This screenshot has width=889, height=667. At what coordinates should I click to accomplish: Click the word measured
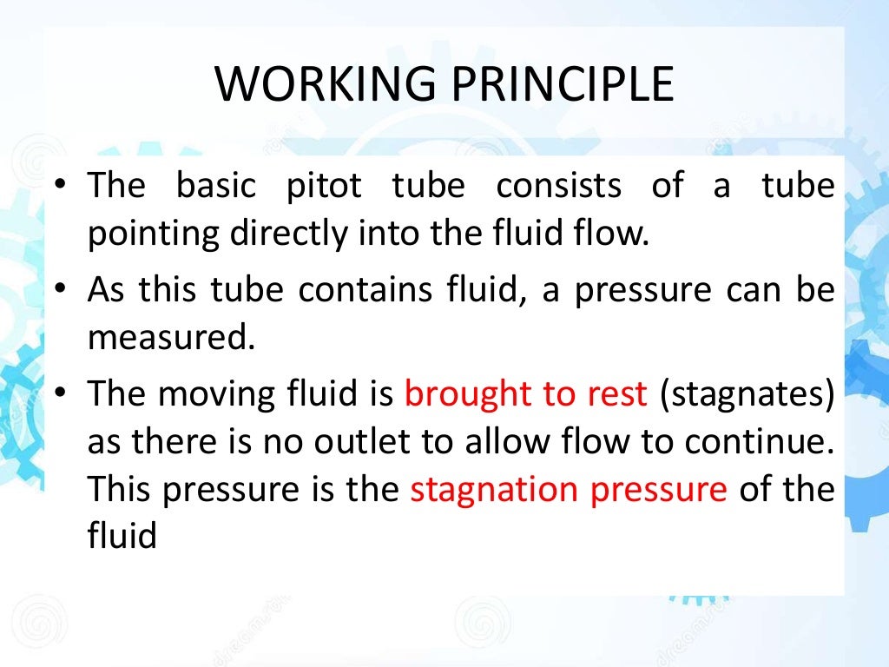click(x=172, y=336)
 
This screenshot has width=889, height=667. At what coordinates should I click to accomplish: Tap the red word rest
click(x=617, y=393)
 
